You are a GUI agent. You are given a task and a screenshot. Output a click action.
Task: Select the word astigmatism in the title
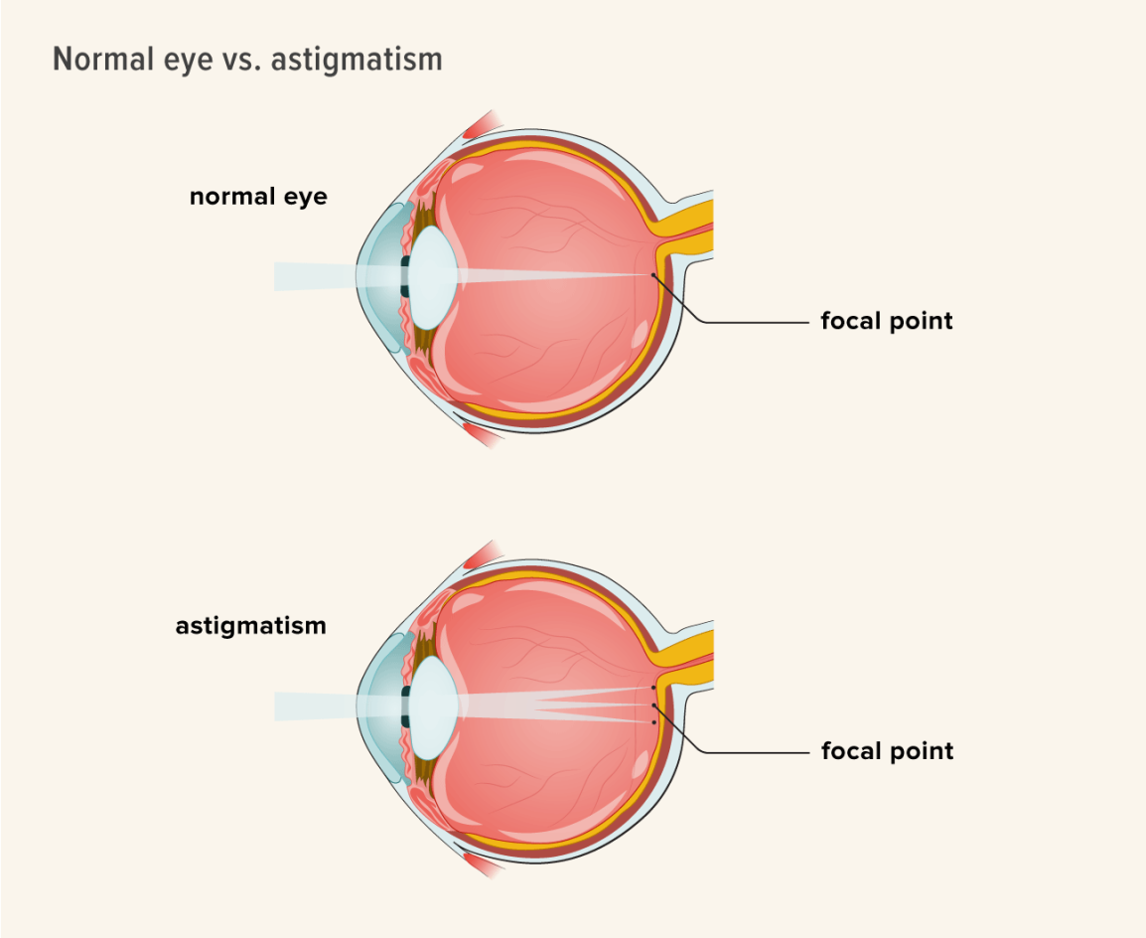pos(356,59)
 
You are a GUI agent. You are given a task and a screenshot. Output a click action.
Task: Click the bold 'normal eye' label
pos(258,197)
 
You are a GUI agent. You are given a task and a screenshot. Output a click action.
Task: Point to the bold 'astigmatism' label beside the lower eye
pos(251,626)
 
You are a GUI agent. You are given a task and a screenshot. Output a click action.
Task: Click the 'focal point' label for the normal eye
pos(887,321)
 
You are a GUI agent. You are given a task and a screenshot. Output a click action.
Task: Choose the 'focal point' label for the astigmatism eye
pos(887,750)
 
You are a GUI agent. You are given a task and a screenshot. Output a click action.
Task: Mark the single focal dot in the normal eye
pos(653,275)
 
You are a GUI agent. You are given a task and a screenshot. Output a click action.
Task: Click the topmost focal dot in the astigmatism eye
pos(653,687)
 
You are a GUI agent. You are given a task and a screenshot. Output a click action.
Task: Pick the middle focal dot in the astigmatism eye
pos(653,704)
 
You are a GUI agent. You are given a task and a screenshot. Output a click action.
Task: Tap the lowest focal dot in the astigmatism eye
pos(653,722)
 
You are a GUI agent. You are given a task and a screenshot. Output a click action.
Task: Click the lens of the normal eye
pos(433,277)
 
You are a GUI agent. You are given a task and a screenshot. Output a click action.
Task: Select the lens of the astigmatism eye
pos(433,706)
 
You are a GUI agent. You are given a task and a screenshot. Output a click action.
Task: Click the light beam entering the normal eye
pos(308,276)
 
